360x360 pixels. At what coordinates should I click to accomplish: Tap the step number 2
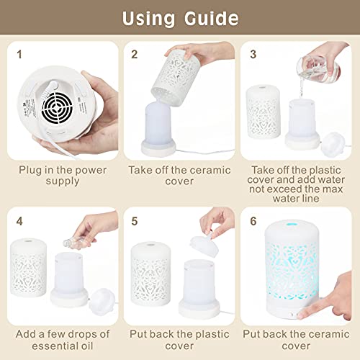[x=134, y=53]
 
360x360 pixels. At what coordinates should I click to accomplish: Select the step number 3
[x=253, y=53]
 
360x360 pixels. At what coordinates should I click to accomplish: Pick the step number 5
[x=134, y=222]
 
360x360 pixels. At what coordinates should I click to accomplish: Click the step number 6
[x=253, y=222]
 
